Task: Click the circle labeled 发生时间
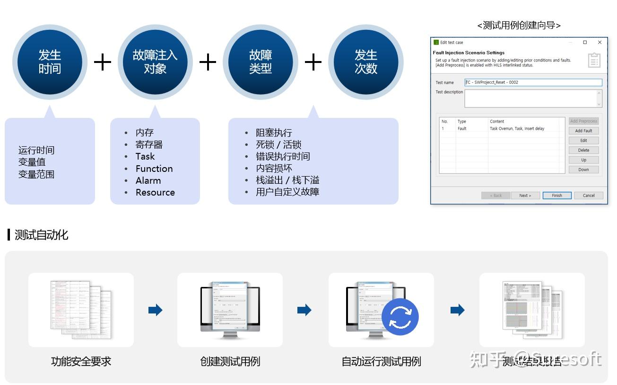(50, 62)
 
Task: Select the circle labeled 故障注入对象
(155, 62)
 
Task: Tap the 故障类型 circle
(261, 62)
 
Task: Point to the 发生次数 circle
(365, 62)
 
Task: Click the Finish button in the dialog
(557, 195)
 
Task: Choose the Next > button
(525, 195)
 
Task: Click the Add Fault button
(583, 131)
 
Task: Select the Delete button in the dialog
(583, 150)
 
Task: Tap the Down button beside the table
(583, 170)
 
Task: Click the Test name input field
(533, 82)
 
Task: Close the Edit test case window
(600, 42)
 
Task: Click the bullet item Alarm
(148, 180)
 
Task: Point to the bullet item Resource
(155, 192)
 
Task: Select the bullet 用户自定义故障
(287, 192)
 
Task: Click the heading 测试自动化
(41, 235)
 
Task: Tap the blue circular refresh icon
(400, 317)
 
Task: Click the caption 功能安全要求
(81, 361)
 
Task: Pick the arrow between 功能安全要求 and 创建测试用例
(155, 310)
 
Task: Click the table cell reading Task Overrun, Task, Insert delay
(517, 129)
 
